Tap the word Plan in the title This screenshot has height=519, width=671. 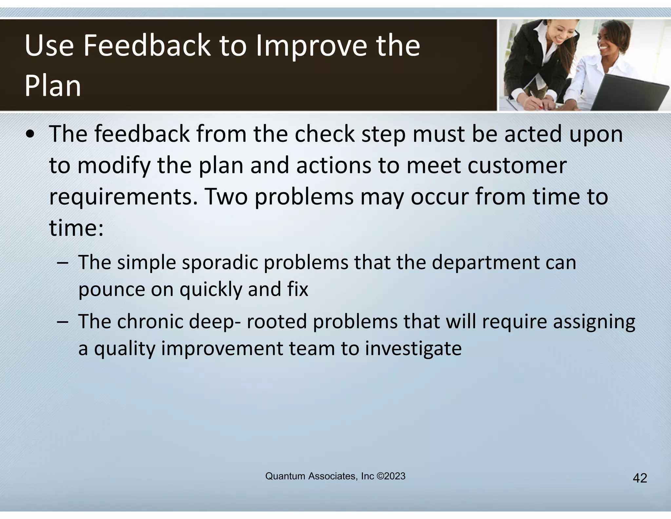52,86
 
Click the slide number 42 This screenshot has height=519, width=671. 640,478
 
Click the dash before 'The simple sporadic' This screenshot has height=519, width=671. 62,263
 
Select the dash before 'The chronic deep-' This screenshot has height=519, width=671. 62,322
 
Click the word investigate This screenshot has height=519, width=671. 413,348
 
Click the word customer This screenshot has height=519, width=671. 517,166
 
